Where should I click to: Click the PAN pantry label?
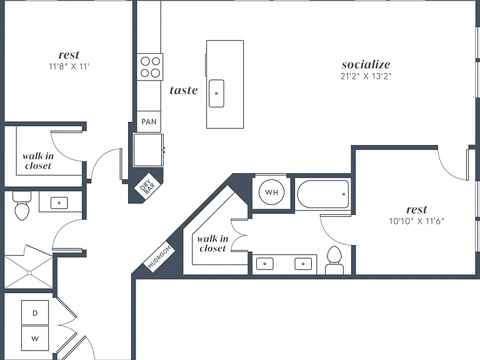coord(149,121)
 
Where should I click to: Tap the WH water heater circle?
coord(271,192)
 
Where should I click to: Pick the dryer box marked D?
coord(35,312)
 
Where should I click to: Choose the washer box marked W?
coord(35,339)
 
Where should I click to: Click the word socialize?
coord(366,64)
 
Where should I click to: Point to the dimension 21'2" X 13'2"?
coord(366,76)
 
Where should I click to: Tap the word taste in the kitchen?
coord(184,90)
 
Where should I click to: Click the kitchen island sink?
coord(216,93)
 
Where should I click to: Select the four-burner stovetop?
coord(150,67)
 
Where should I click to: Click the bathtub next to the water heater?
coord(323,194)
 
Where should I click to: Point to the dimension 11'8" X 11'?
coord(69,66)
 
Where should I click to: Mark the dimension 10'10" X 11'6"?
coord(416,221)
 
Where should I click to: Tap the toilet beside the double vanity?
coord(334,260)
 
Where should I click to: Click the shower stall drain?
coord(29,272)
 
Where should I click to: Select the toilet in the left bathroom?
coord(22,206)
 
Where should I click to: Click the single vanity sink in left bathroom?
coord(59,202)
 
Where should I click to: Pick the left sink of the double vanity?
coord(265,264)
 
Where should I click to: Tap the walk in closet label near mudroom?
coord(212,243)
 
